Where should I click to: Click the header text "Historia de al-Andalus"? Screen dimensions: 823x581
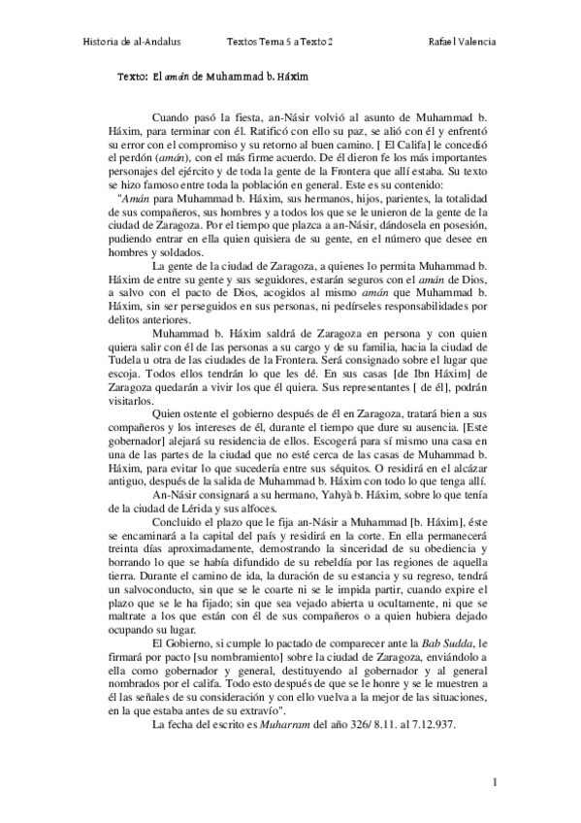point(134,42)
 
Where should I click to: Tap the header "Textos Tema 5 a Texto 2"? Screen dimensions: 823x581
point(279,42)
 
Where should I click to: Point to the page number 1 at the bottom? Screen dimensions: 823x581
point(494,781)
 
